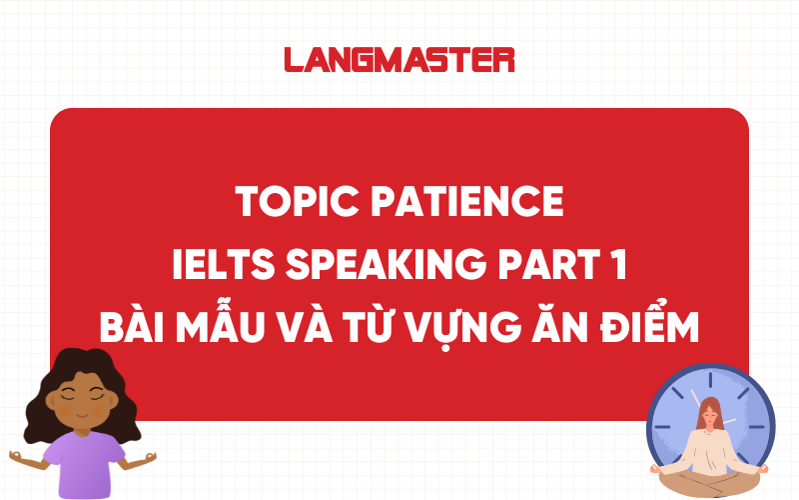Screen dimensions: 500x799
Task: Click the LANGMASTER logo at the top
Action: coord(399,59)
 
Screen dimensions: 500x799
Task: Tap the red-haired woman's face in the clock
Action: coord(711,412)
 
